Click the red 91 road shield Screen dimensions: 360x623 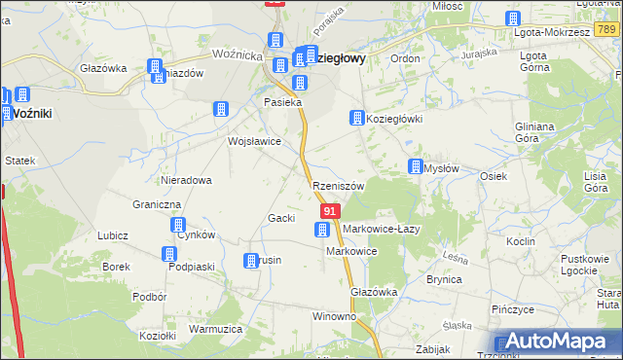[330, 211]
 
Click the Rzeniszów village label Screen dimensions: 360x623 [339, 186]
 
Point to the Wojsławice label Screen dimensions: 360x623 [254, 141]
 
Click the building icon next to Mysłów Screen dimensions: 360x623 [416, 166]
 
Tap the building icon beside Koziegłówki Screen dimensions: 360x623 [357, 118]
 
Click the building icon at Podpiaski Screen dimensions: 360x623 [167, 254]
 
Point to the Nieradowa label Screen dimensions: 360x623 [187, 180]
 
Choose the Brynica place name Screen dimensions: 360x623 [444, 278]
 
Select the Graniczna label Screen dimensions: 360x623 [157, 205]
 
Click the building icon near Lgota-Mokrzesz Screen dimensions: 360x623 [513, 18]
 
